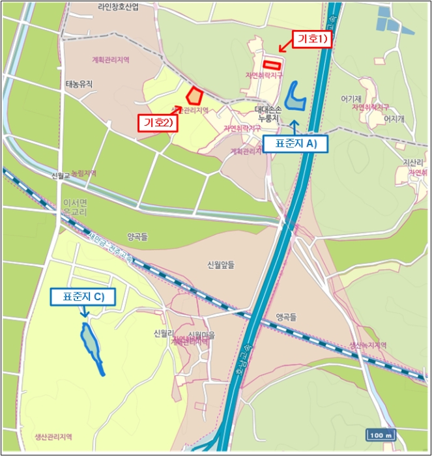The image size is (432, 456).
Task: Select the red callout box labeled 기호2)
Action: coord(157,122)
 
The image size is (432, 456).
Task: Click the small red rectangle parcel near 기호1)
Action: coord(271,64)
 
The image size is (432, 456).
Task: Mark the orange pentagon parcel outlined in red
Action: coord(194,96)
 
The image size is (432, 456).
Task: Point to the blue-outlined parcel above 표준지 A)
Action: coord(296,96)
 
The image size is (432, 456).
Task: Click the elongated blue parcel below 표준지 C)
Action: coord(91,345)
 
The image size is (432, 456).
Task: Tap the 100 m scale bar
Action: coord(381,435)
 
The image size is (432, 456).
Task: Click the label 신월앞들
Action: coord(220,264)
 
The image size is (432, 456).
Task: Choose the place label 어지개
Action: coord(394,119)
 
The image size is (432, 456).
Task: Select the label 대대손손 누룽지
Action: coord(268,114)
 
